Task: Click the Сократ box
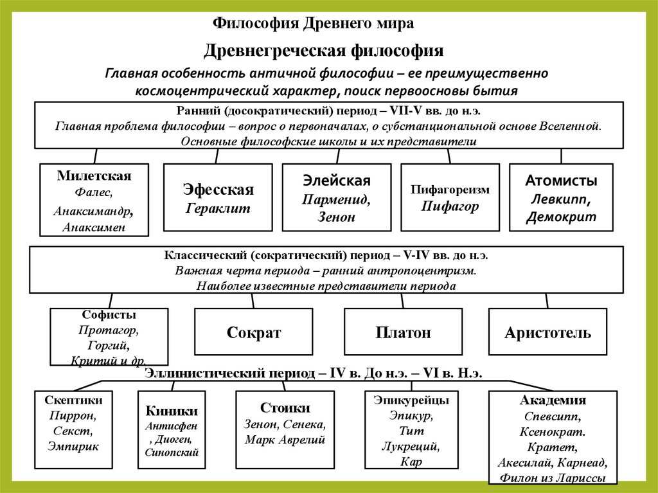pos(254,332)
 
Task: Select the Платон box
pos(403,332)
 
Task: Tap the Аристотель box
pos(547,332)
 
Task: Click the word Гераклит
pos(218,208)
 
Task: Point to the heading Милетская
pos(94,176)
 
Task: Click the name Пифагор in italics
pos(450,206)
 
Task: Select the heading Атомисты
pos(561,180)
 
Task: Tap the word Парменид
pos(336,199)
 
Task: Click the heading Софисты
pos(109,315)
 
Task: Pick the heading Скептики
pos(73,400)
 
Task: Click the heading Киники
pos(172,411)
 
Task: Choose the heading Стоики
pos(285,408)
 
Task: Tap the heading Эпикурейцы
pos(411,400)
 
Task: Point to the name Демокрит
pos(561,217)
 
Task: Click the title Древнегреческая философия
pos(324,49)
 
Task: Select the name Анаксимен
pos(94,226)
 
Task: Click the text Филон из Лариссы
pos(552,478)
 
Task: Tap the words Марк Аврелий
pos(285,440)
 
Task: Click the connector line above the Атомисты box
pos(561,156)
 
